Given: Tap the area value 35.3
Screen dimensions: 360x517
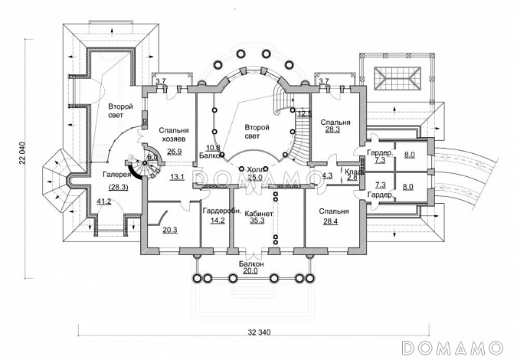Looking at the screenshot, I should coord(256,221).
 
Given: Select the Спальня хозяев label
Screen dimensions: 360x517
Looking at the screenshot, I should coord(174,136).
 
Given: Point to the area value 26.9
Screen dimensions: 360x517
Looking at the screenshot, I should coord(174,151).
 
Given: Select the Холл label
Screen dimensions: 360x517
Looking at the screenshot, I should coord(256,169).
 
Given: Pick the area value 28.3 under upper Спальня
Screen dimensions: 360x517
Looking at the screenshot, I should coord(332,129).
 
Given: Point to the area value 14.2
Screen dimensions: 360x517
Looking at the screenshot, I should coord(217,221).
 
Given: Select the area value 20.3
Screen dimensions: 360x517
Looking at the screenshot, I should coord(169,229).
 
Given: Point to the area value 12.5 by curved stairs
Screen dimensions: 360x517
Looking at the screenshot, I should coord(304,113).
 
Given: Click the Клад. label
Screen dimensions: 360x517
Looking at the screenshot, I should coord(353,171).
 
